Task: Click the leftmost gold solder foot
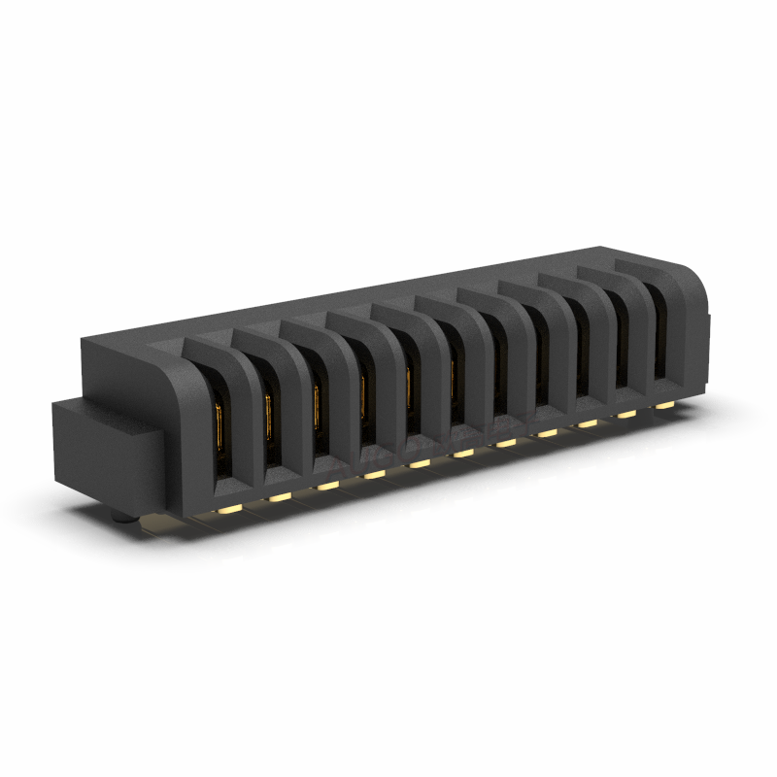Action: coord(231,508)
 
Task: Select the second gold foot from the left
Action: coord(280,496)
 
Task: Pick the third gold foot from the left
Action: coord(327,485)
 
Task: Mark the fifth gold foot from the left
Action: coord(419,463)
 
